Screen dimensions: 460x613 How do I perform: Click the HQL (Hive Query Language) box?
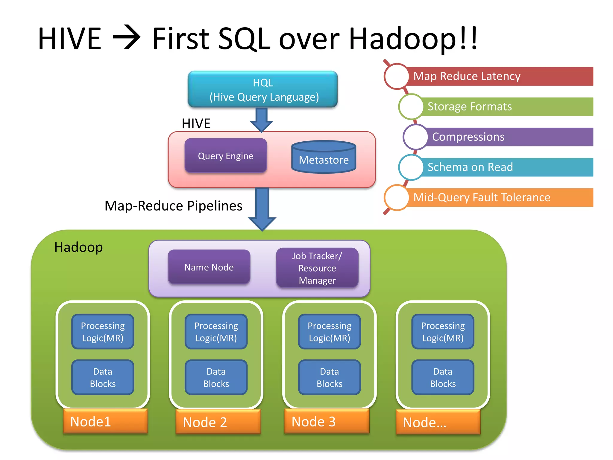tap(263, 89)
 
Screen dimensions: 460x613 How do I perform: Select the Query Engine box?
tap(225, 156)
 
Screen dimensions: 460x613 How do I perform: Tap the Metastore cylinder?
tap(324, 158)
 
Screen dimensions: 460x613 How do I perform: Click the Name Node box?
tap(209, 267)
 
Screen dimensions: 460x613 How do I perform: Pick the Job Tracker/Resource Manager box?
tap(317, 268)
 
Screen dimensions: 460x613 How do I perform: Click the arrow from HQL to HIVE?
tap(262, 119)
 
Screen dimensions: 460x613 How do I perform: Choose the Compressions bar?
tap(509, 137)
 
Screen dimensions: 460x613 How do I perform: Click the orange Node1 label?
tap(105, 421)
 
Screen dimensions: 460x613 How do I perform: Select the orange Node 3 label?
tap(327, 421)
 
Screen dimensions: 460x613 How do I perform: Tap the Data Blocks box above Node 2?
tap(216, 377)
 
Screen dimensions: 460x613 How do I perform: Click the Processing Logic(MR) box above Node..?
tap(443, 332)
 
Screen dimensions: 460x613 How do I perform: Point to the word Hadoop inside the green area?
tap(78, 247)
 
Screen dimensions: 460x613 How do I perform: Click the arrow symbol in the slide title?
tap(127, 38)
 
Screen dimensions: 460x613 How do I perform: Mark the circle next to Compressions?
tap(415, 137)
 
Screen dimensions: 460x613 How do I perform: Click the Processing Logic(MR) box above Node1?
tap(103, 332)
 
